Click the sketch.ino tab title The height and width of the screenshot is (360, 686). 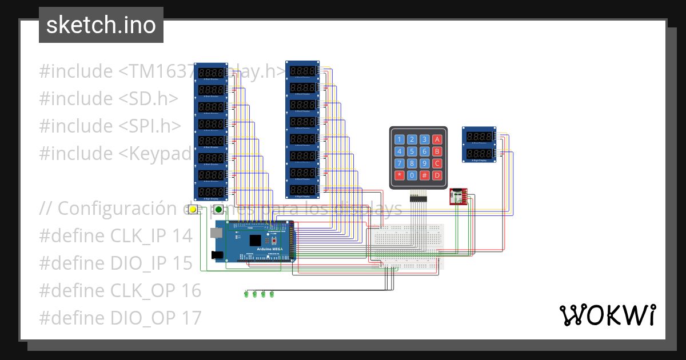[101, 25]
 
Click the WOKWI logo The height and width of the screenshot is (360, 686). [607, 315]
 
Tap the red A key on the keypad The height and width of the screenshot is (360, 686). [437, 139]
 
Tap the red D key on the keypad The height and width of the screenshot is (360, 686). [437, 175]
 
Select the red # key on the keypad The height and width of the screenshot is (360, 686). [425, 175]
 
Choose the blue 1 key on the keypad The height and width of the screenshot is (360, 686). [400, 139]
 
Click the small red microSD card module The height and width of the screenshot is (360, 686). [458, 196]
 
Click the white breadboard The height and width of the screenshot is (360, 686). [407, 246]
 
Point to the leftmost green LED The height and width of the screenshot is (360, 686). [246, 294]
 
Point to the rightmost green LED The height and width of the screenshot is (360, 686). [272, 294]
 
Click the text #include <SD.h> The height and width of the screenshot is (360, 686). [109, 98]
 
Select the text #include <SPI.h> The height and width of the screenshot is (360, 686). [110, 126]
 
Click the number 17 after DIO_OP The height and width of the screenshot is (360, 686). [192, 318]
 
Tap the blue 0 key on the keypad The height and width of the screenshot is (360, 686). [412, 175]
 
